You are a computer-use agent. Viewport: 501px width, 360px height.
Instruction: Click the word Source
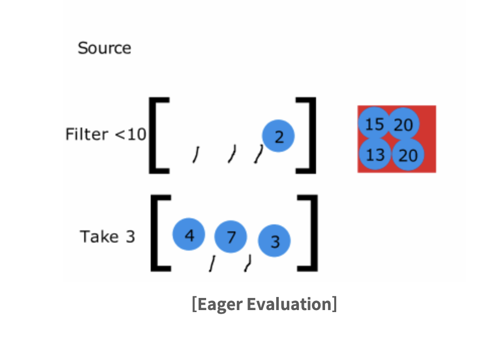(104, 48)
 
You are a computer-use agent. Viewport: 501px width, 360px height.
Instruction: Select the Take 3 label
(108, 236)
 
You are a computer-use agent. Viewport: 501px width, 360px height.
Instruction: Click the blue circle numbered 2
(278, 136)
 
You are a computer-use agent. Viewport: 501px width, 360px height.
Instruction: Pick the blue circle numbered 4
(189, 234)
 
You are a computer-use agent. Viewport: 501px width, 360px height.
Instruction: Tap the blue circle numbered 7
(231, 236)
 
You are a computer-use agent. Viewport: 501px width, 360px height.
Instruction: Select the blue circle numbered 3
(275, 241)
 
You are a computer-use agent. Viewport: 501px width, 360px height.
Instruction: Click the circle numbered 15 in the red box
(374, 124)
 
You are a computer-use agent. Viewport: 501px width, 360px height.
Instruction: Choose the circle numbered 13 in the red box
(375, 154)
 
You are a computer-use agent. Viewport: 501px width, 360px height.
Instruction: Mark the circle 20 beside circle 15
(404, 124)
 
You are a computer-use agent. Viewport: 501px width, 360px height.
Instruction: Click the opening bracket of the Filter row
(156, 135)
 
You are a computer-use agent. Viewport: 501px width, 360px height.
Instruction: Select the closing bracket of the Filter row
(309, 135)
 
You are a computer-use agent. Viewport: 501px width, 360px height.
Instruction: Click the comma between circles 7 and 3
(247, 263)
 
